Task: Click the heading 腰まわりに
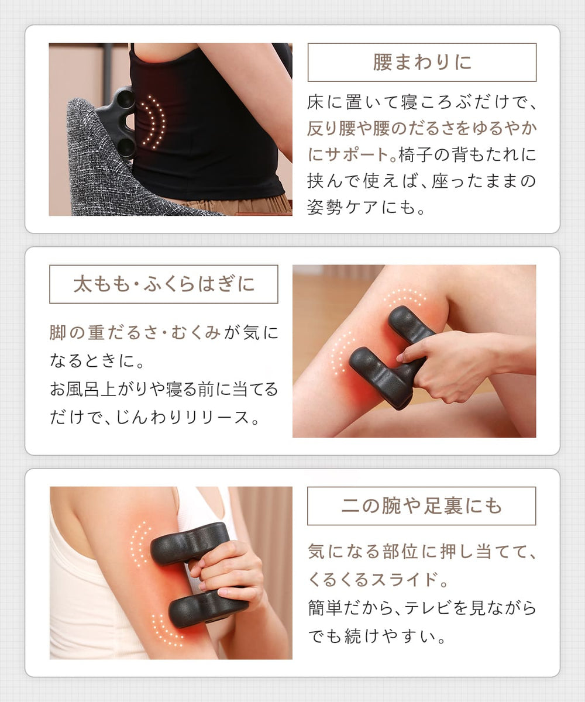click(422, 63)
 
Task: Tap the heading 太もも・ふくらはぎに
click(164, 284)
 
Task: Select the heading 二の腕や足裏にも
click(421, 506)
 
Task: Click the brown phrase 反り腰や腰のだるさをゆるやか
click(421, 129)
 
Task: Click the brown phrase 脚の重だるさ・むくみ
click(135, 333)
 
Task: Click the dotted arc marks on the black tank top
click(153, 122)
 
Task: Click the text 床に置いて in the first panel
click(345, 103)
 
